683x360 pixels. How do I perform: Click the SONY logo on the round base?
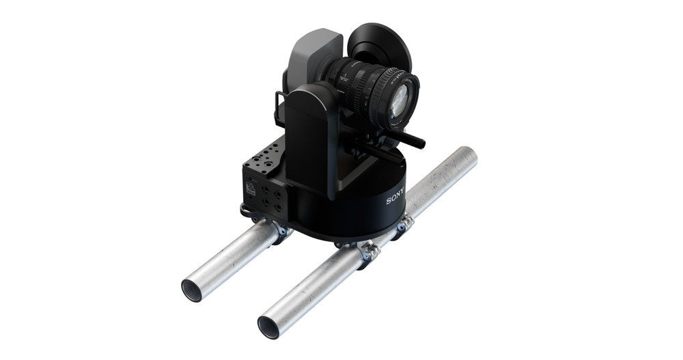pos(395,197)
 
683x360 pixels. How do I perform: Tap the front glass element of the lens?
pos(403,100)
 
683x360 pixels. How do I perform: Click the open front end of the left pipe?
pos(193,290)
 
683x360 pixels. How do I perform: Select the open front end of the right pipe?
pos(269,327)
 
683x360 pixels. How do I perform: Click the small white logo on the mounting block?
pos(251,189)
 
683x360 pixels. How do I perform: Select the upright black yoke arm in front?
pos(311,137)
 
